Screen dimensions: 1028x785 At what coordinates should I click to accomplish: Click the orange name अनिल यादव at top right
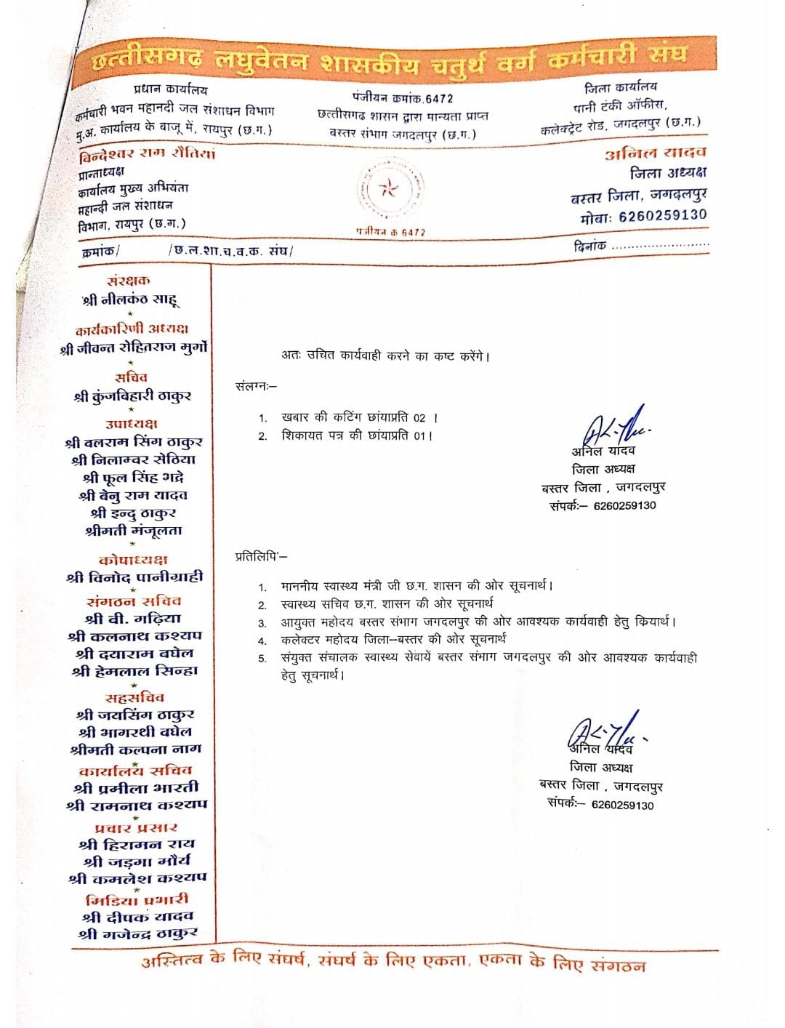tap(655, 153)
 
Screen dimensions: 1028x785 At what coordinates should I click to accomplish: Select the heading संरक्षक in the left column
tap(128, 281)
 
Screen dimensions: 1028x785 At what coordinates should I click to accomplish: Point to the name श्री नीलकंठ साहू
tap(130, 299)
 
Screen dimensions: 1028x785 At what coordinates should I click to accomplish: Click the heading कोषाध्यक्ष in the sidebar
tap(133, 559)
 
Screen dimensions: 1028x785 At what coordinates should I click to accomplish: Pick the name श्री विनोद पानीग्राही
tap(134, 578)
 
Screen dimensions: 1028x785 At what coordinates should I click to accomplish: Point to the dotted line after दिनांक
tap(661, 246)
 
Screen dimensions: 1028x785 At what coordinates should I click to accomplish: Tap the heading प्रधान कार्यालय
tap(171, 89)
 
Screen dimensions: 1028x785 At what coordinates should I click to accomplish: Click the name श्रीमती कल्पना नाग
tap(136, 749)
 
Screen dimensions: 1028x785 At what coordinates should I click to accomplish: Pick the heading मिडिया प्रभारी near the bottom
tap(137, 899)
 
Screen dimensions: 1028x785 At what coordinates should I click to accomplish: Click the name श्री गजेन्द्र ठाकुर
tap(138, 933)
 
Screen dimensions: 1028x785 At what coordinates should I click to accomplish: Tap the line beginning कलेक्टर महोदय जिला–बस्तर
tap(393, 640)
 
